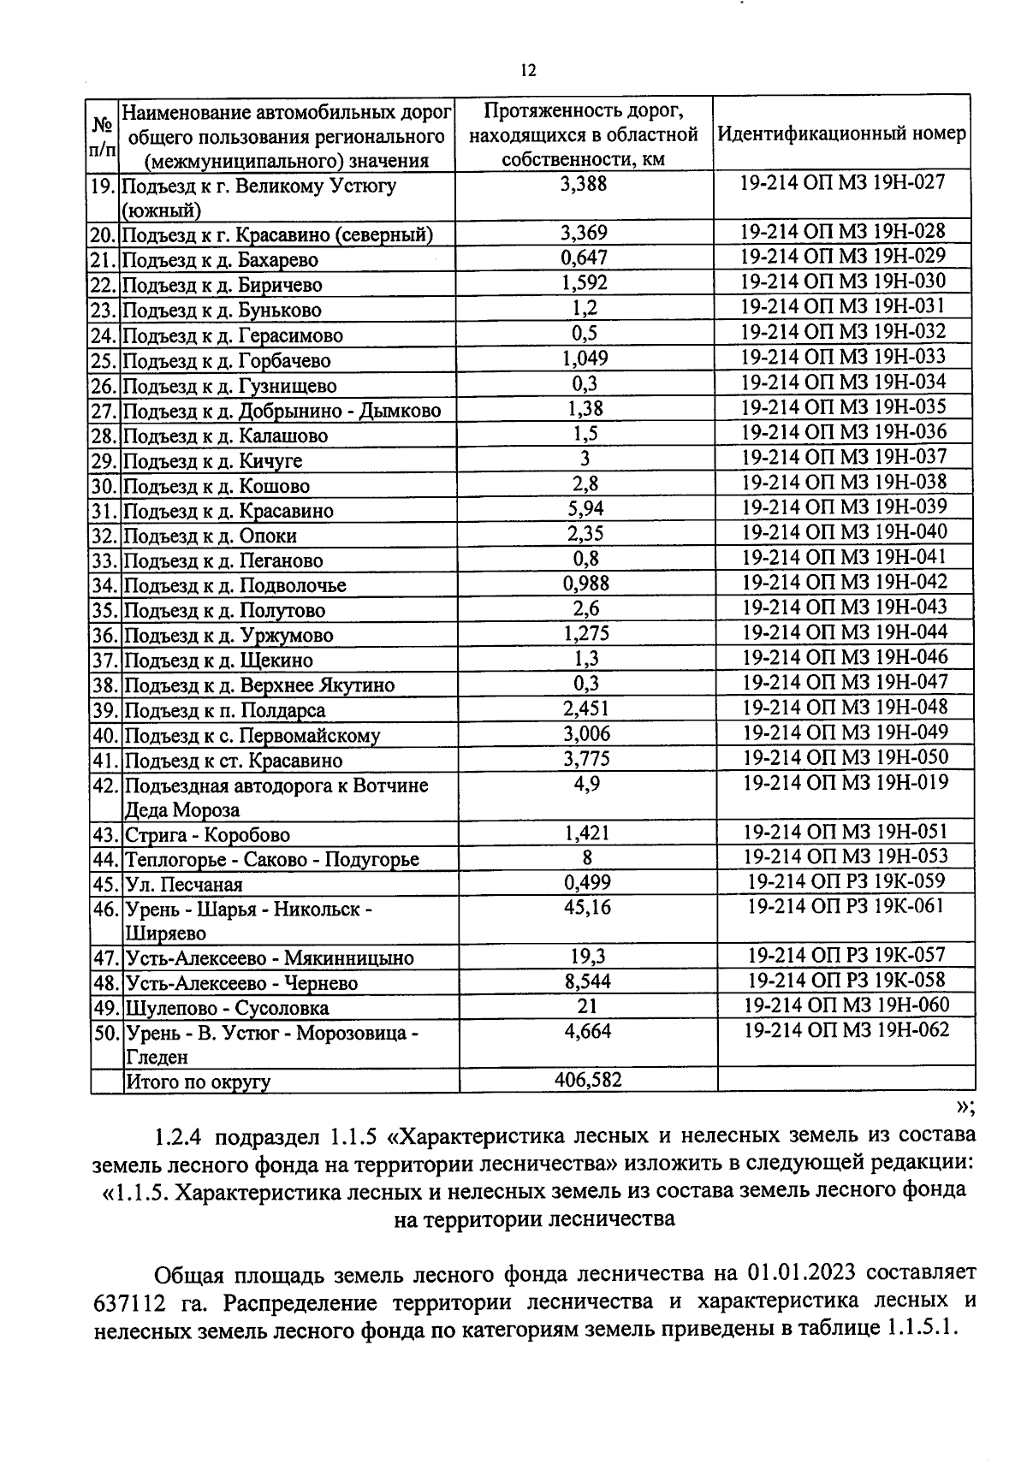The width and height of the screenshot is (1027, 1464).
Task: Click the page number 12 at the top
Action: [x=527, y=71]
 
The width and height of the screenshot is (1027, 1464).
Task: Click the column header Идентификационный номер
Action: [x=842, y=134]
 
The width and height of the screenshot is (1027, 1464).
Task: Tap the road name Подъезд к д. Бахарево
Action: [x=221, y=260]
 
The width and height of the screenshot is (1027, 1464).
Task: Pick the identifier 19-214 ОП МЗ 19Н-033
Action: [x=843, y=357]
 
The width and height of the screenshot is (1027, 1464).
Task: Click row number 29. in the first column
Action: [x=104, y=461]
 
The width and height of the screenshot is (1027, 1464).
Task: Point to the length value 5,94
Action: [x=585, y=509]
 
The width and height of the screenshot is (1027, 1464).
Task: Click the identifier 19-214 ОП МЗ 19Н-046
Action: [x=845, y=657]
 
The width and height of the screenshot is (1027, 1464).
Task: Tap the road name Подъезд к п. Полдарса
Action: [x=225, y=711]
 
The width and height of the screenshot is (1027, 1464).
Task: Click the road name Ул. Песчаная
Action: [x=184, y=886]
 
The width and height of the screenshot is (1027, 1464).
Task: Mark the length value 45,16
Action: [x=587, y=908]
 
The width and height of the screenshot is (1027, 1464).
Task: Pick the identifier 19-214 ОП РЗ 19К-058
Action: [x=846, y=981]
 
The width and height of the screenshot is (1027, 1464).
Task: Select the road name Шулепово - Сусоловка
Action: [x=227, y=1009]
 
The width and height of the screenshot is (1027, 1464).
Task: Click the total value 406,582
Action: [x=587, y=1080]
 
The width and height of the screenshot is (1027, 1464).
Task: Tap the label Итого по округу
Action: [x=198, y=1082]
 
